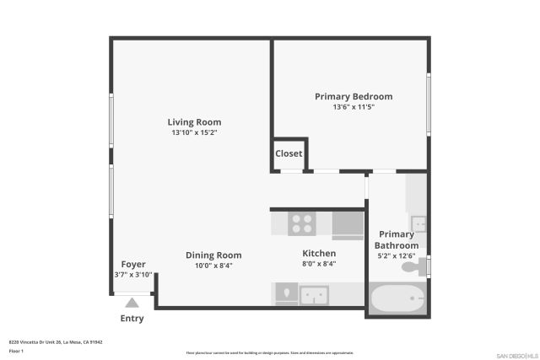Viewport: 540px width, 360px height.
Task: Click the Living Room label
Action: [x=194, y=122]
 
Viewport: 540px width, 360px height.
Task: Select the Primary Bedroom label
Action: [x=354, y=97]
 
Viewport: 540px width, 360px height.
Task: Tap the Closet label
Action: [x=289, y=154]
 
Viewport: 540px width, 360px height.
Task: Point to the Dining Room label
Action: [x=213, y=255]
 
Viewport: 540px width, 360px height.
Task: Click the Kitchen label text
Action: [x=319, y=253]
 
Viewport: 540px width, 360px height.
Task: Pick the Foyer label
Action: [x=133, y=264]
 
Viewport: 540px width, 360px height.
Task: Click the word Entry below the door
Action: [x=132, y=319]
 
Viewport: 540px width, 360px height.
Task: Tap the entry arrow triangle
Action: [x=132, y=303]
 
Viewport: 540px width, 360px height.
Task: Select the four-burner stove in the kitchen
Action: [x=301, y=223]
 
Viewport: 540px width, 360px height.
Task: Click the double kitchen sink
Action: [x=314, y=294]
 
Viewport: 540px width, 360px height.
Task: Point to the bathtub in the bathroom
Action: [x=397, y=298]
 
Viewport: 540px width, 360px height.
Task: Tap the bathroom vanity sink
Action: [x=418, y=223]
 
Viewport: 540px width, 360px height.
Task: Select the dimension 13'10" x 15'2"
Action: [x=194, y=133]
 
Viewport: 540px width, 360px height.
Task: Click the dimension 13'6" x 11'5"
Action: [x=354, y=108]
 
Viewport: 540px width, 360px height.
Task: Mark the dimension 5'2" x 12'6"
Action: [x=397, y=256]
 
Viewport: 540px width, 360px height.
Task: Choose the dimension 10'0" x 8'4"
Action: [x=213, y=266]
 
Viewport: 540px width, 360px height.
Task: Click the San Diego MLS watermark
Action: [x=515, y=355]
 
